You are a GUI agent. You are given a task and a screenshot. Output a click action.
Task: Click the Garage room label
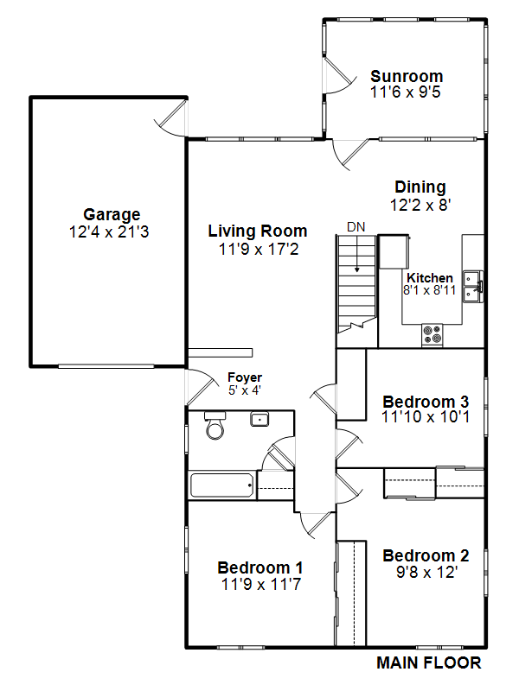coord(112,214)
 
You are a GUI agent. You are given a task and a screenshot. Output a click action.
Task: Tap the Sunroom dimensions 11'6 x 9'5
coord(406,92)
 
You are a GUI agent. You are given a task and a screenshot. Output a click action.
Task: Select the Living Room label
coord(258,231)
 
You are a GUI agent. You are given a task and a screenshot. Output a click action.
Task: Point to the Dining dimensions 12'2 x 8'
coord(420,205)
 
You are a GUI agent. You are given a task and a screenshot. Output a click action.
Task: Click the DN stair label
coord(356,227)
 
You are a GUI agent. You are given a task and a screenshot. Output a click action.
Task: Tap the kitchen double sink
coord(472,287)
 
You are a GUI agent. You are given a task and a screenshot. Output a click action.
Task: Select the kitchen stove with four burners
coord(432,334)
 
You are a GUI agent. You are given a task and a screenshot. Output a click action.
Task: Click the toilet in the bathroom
coord(215,425)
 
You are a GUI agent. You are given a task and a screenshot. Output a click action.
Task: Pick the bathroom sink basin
coord(259,419)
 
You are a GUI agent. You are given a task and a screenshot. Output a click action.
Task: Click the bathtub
coord(222,485)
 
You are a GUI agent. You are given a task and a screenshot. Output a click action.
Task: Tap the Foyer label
coord(245,377)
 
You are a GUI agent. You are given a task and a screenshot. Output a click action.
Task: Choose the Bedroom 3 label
coord(426,402)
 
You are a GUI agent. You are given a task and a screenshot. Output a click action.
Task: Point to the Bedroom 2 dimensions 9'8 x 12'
coord(426,572)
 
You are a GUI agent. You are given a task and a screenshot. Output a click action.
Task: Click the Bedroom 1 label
coord(260,567)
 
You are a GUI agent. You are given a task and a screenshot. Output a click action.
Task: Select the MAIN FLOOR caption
coord(428,662)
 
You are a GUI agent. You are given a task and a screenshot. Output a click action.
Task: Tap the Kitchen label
coord(430,278)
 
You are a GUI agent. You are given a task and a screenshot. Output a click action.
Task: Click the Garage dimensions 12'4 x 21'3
coord(109,231)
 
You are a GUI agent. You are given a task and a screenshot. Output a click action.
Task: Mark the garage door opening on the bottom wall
coord(106,366)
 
